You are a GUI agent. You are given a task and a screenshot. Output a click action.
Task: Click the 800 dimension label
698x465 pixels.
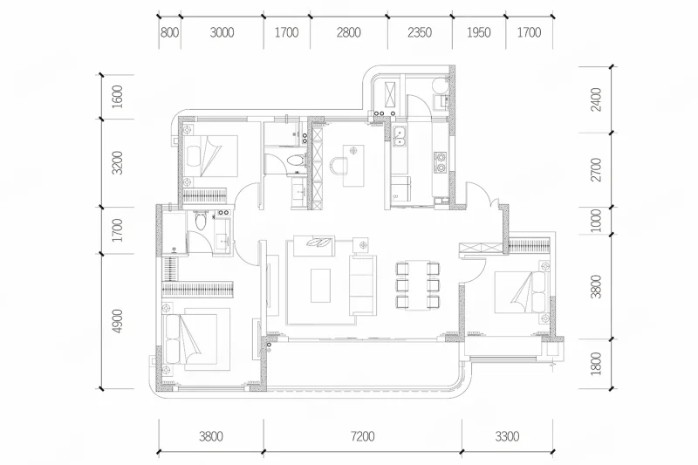pos(169,33)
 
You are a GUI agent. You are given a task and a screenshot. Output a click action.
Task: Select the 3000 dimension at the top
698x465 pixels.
pos(222,33)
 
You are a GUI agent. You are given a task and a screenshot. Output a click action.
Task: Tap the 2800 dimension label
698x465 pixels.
pos(348,33)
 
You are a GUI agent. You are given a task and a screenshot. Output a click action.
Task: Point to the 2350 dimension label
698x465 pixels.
pos(420,33)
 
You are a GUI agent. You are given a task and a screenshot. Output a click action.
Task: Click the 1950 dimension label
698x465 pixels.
pos(478,33)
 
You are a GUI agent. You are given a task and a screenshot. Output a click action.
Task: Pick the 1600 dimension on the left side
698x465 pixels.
pos(117,97)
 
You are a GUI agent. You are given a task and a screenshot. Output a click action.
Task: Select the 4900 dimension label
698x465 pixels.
pos(117,321)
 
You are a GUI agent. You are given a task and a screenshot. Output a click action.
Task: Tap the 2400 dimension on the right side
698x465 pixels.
pos(597,99)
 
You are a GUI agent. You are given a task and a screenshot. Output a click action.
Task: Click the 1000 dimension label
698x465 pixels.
pos(597,221)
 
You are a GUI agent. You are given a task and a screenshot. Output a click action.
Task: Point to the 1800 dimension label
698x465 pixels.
pos(597,364)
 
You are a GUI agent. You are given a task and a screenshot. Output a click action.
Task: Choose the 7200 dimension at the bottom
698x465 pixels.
pos(362,436)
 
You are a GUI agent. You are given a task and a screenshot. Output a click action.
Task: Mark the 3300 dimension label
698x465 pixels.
pos(507,436)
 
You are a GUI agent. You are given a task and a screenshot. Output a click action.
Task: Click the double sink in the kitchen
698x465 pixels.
pos(399,136)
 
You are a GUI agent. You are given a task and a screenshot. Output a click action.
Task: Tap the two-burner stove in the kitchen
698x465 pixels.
pos(441,162)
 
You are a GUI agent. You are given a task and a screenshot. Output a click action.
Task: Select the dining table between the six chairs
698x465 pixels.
pos(418,284)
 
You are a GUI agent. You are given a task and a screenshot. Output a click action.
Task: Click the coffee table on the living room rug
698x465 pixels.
pos(320,285)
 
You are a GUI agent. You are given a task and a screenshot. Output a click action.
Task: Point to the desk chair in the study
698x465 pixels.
pos(339,166)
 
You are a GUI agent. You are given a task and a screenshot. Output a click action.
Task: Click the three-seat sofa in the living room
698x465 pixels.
pos(362,284)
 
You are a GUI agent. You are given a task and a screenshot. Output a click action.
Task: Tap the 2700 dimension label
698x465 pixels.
pos(597,169)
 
